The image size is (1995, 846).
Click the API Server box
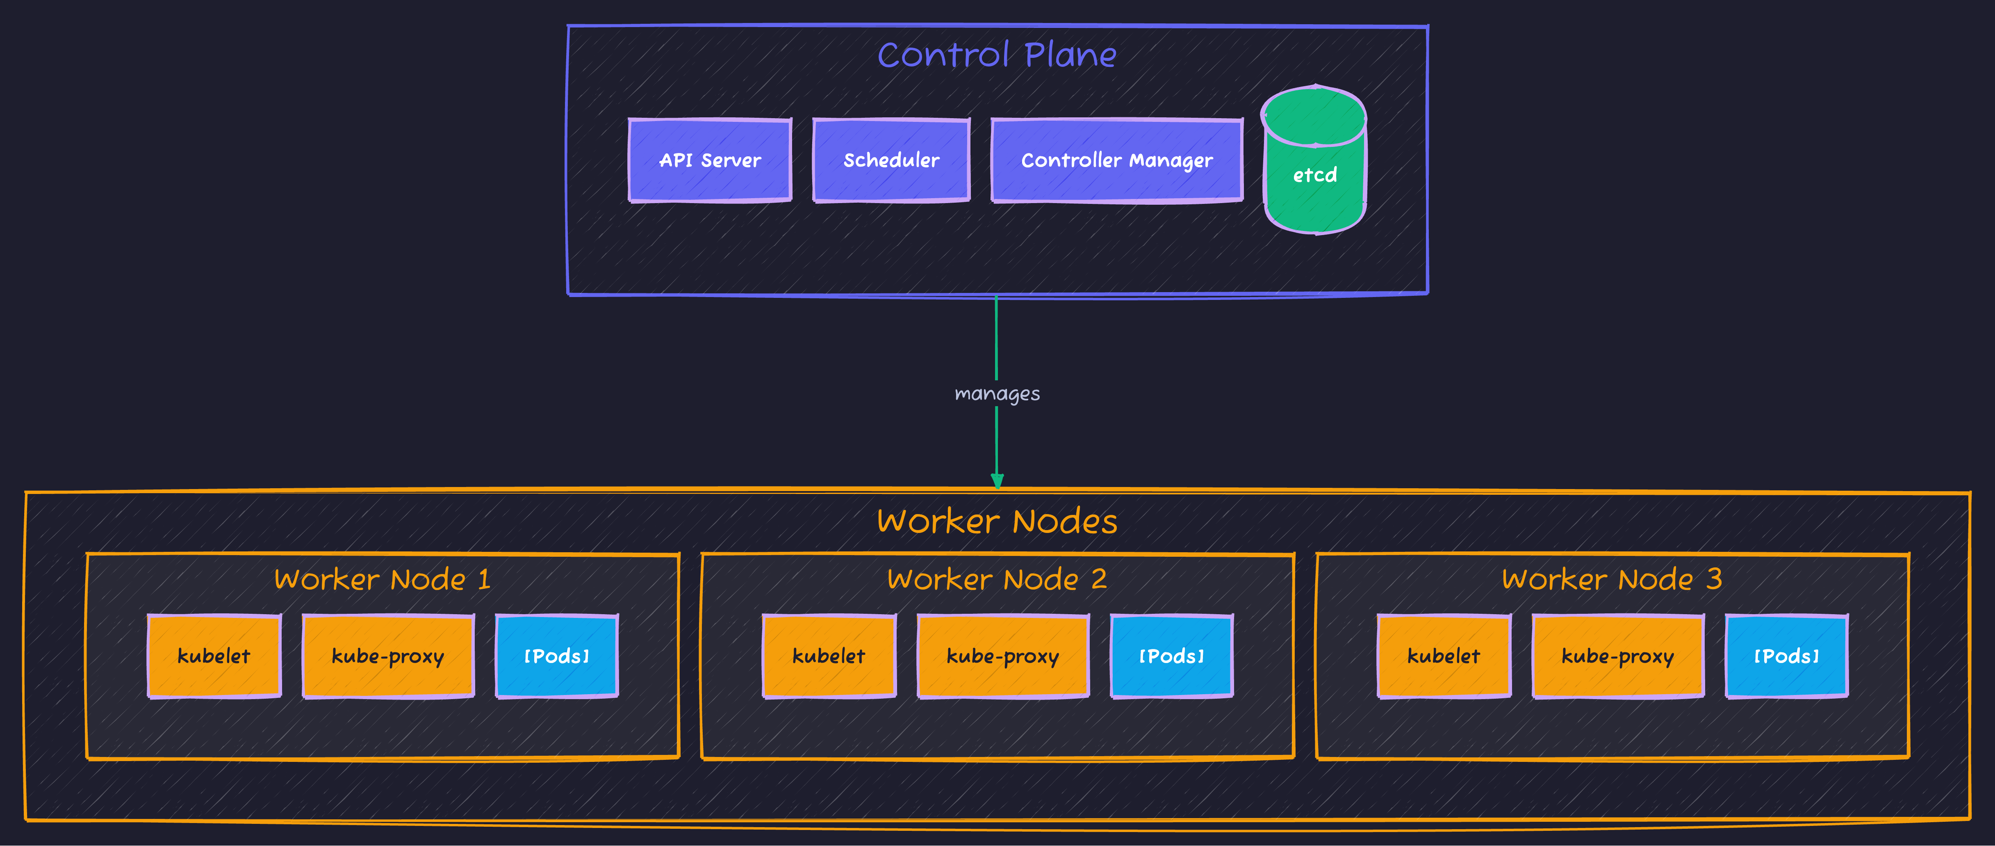point(709,160)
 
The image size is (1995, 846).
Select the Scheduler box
point(890,160)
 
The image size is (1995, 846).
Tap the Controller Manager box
point(1117,160)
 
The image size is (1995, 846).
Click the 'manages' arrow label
point(997,393)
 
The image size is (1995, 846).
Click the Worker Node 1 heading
point(383,579)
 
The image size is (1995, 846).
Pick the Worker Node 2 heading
point(997,579)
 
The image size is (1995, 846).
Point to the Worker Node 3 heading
point(1612,579)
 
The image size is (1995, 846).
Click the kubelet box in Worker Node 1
point(214,656)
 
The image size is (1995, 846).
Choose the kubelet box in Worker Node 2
point(829,656)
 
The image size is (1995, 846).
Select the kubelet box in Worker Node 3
point(1444,656)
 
